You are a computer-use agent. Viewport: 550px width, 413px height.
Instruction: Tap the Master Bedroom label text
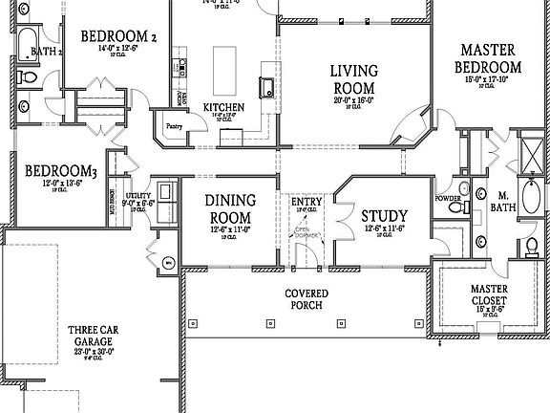(490, 58)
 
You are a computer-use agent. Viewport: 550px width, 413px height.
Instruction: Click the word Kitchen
(222, 106)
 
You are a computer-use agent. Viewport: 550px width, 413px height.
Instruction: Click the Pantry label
(174, 125)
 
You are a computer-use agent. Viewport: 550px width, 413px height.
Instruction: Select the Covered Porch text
(307, 298)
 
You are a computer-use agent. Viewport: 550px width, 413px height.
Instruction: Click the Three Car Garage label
(93, 336)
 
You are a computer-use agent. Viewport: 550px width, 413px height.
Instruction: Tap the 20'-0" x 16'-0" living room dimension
(353, 99)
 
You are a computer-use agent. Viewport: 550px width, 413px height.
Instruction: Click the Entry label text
(307, 202)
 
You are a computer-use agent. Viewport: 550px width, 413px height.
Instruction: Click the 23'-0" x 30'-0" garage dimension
(93, 351)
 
